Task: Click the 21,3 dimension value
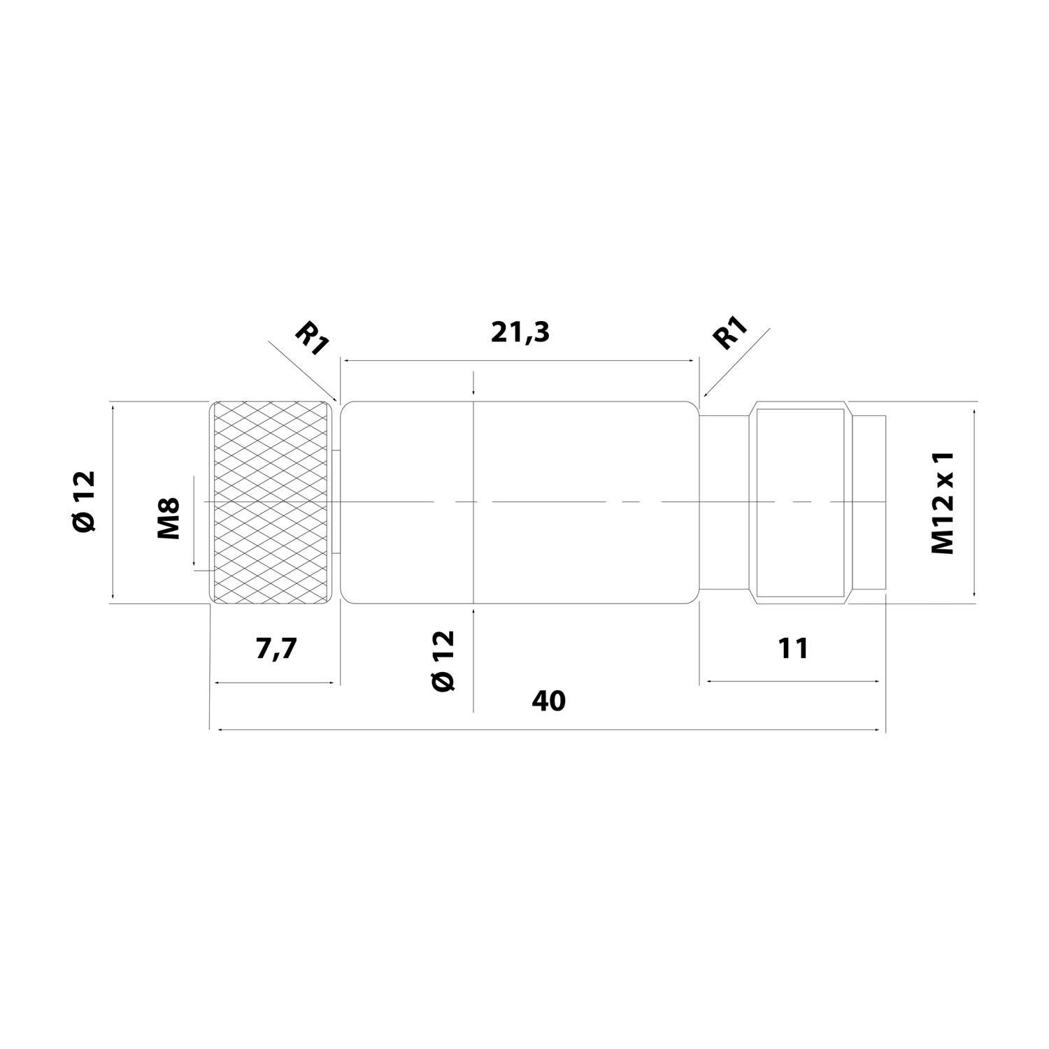tap(520, 333)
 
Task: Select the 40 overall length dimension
tap(548, 701)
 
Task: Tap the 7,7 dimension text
tap(276, 649)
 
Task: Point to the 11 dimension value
tap(792, 649)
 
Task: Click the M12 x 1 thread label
tap(943, 501)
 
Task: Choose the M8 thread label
tap(169, 518)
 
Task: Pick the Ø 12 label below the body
tap(443, 661)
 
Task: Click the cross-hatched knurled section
tap(272, 501)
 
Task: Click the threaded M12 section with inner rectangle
tap(801, 501)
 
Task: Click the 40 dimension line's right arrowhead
tap(878, 730)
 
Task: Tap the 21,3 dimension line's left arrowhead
tap(345, 360)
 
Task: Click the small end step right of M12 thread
tap(869, 501)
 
